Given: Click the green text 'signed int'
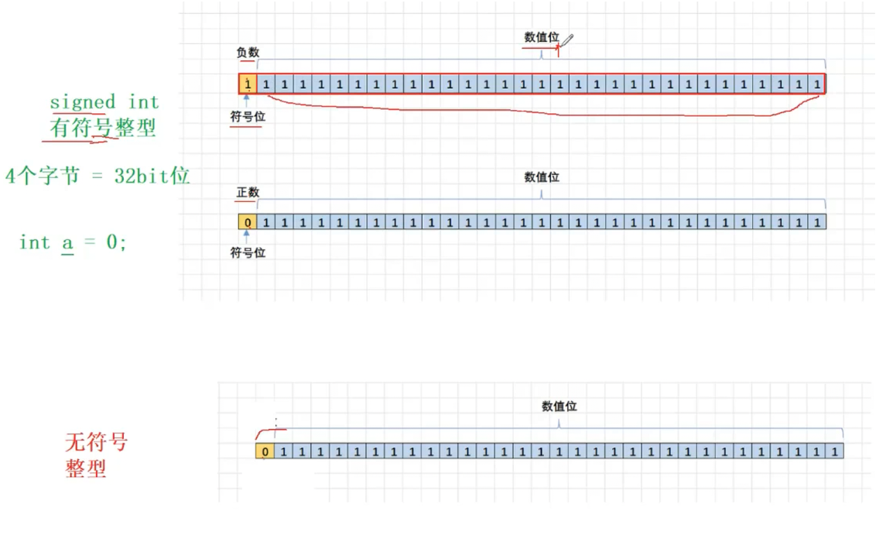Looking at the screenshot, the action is pyautogui.click(x=104, y=102).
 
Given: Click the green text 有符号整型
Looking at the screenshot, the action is pyautogui.click(x=103, y=128).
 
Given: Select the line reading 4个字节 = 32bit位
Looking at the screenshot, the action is pyautogui.click(x=97, y=176).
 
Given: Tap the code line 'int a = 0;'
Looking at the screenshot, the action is pyautogui.click(x=73, y=242).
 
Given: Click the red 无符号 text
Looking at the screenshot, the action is pyautogui.click(x=96, y=442).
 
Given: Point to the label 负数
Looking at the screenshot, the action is pyautogui.click(x=248, y=53).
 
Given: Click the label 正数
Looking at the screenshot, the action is pyautogui.click(x=248, y=192).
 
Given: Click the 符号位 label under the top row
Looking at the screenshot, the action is pyautogui.click(x=248, y=117).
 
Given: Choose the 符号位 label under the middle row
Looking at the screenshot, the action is pyautogui.click(x=248, y=252).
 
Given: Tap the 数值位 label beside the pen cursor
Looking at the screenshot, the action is pyautogui.click(x=541, y=37).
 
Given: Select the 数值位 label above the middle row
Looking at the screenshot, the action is pyautogui.click(x=542, y=177).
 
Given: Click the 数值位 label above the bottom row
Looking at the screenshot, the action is pyautogui.click(x=559, y=406).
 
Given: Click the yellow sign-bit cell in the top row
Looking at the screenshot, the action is pyautogui.click(x=248, y=83).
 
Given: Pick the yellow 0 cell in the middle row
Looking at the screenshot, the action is pyautogui.click(x=248, y=222).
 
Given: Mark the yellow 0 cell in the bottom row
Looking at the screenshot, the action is pyautogui.click(x=265, y=451).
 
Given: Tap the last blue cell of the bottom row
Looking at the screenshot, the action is pyautogui.click(x=834, y=451).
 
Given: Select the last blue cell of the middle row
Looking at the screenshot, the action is pyautogui.click(x=817, y=222).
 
